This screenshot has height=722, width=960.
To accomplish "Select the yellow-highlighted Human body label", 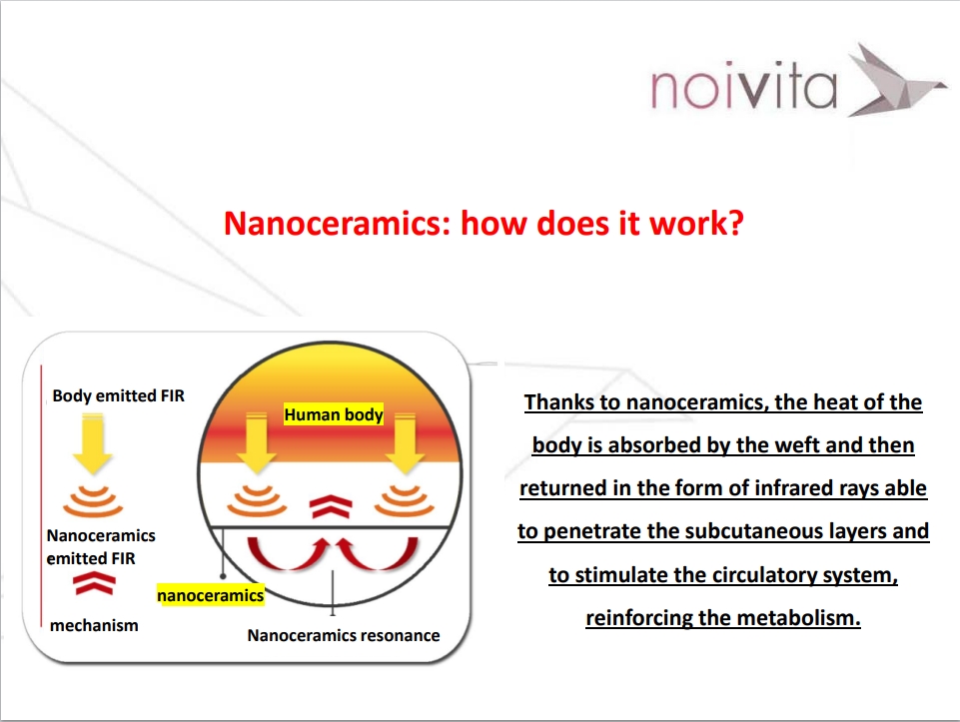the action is click(334, 414).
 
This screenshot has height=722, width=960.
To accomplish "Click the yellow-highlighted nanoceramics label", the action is click(211, 595).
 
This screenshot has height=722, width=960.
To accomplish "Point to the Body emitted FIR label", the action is click(118, 395).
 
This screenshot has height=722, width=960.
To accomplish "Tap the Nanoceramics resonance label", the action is click(344, 636).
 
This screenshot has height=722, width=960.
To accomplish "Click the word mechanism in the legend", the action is click(94, 625).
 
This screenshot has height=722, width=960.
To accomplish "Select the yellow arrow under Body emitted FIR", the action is click(93, 443).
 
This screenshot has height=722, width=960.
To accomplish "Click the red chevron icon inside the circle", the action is click(331, 506).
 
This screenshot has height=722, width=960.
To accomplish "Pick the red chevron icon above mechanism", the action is click(94, 584).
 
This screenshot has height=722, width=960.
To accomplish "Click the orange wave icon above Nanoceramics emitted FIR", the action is click(93, 501).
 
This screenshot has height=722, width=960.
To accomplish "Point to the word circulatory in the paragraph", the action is click(743, 575).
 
